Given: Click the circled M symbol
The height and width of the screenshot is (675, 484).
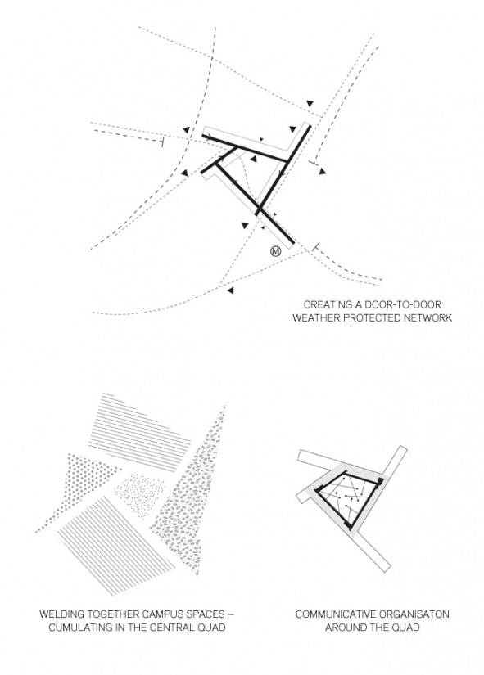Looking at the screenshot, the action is tap(275, 251).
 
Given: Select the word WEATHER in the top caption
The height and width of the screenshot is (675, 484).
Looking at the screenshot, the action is tap(314, 318).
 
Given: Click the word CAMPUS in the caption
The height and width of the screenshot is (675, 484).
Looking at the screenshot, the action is tap(165, 614).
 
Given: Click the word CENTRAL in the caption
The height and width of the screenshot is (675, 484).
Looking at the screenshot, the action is tap(170, 628).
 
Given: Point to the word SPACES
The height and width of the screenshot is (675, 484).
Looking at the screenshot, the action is tap(207, 614).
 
